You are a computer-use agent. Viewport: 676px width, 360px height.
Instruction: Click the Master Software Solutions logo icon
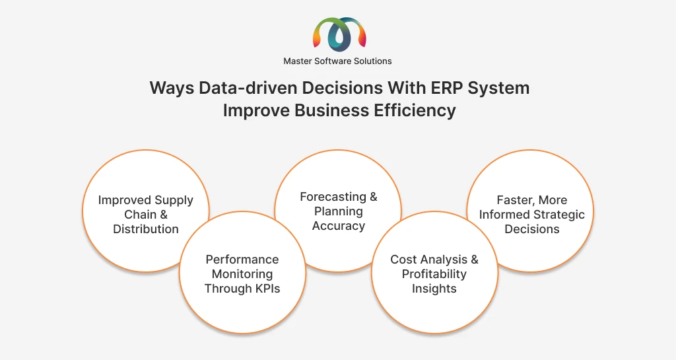tap(339, 34)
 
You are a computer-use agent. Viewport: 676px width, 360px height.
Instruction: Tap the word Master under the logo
tap(298, 61)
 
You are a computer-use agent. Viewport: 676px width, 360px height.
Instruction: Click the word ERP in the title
tap(447, 88)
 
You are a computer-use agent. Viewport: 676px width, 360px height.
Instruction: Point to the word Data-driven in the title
tap(248, 88)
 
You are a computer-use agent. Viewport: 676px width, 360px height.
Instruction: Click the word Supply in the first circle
tap(174, 201)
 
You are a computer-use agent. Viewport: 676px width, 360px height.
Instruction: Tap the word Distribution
tap(146, 229)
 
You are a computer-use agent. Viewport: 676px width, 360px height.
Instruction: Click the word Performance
tap(242, 260)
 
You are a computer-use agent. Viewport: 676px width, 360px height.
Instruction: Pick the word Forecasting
tap(333, 197)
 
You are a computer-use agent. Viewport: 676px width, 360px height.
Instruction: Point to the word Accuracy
tap(339, 226)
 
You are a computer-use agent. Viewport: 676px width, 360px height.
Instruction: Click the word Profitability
tap(434, 274)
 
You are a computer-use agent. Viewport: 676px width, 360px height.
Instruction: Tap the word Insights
tap(434, 289)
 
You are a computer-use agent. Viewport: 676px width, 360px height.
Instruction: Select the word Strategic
tap(558, 215)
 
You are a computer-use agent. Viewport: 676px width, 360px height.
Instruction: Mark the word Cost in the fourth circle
tap(403, 260)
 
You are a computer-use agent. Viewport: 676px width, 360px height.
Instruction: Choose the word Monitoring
tap(242, 274)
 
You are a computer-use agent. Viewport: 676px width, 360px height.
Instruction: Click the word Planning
tap(339, 211)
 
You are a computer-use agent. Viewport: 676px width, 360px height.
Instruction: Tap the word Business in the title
tap(332, 110)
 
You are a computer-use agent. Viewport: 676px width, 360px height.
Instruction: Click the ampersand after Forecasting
tap(374, 197)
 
